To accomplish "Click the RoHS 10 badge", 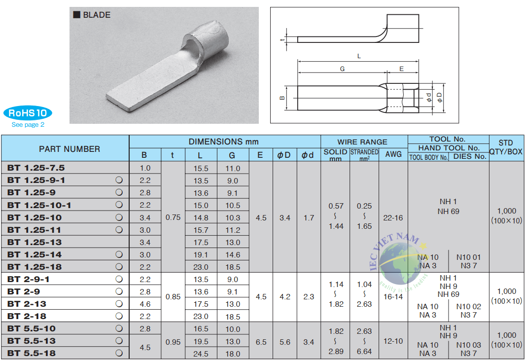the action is [28, 113].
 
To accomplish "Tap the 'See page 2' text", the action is [28, 125].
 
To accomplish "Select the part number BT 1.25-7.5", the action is [36, 168].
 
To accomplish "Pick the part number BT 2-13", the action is [27, 304].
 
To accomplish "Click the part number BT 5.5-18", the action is [32, 353].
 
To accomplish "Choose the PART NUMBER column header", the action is [70, 149].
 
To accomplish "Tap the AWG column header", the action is [393, 154].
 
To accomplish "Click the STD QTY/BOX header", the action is [506, 147].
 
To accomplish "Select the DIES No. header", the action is [469, 156].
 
